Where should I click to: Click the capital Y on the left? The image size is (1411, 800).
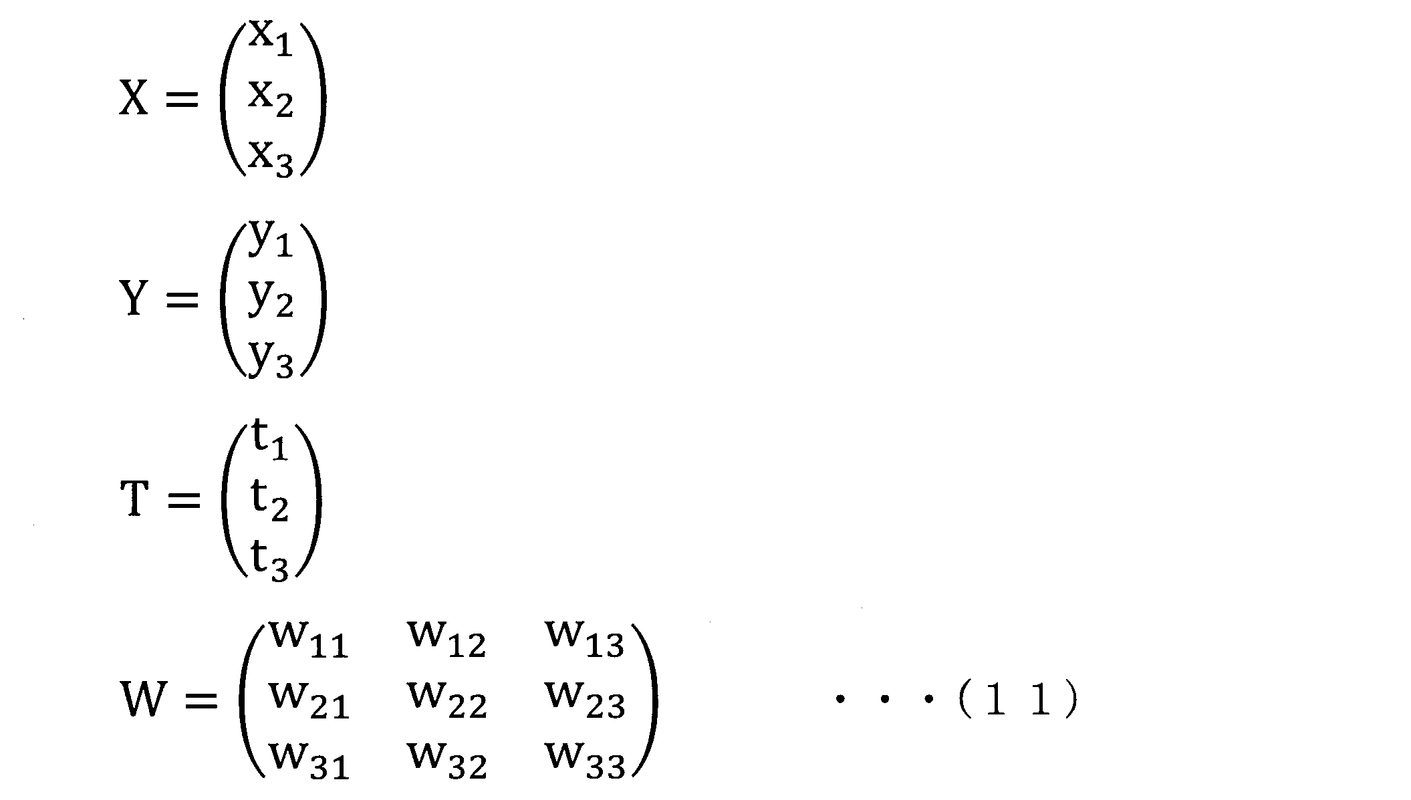133,298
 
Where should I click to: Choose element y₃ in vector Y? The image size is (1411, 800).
271,359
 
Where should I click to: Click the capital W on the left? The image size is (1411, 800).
142,699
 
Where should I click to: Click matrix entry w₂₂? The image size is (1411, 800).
447,701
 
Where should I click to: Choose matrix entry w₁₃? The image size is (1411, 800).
586,640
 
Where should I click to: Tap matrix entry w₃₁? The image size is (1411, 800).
309,761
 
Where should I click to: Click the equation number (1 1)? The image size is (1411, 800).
1018,702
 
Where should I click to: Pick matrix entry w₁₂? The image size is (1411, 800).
446,640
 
